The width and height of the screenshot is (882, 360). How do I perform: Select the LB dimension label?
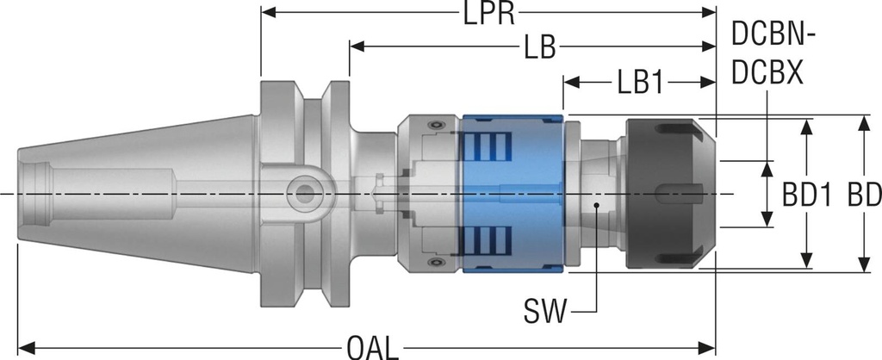click(x=538, y=47)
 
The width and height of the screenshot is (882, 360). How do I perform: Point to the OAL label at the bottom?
click(x=372, y=347)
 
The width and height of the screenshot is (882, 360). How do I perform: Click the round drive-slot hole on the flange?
click(x=302, y=194)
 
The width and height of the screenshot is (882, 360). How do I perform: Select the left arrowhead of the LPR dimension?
click(x=268, y=14)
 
